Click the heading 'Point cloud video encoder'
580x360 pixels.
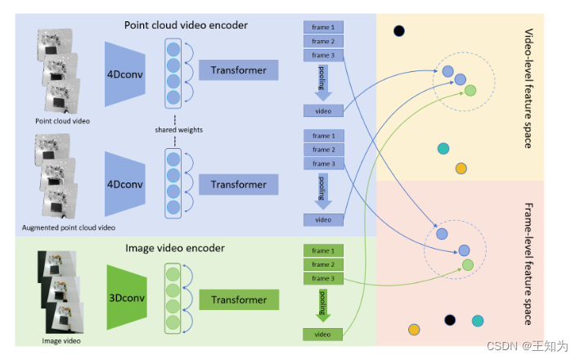point(186,25)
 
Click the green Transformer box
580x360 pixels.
point(239,299)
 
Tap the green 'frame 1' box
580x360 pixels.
point(322,251)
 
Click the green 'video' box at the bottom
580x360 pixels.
point(322,334)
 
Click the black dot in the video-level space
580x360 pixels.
point(399,31)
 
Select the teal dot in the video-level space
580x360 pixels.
point(443,148)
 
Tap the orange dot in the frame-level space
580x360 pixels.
point(414,330)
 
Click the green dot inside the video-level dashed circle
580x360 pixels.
point(470,89)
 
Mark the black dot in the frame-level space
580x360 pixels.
point(449,319)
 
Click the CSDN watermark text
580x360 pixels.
point(532,346)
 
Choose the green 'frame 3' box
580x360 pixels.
point(322,279)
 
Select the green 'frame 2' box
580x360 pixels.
point(322,265)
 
